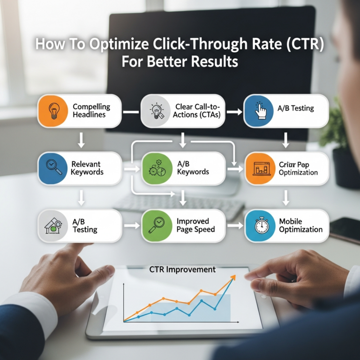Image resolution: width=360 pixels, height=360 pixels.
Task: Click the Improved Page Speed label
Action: [x=195, y=225]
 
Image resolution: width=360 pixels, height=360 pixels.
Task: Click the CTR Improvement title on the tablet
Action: [x=182, y=270]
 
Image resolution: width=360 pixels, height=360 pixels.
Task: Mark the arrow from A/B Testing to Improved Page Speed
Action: [x=132, y=225]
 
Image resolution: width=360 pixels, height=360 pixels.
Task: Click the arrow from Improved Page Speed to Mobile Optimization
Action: [x=235, y=225]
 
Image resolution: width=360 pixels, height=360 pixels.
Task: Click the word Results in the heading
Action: [x=217, y=62]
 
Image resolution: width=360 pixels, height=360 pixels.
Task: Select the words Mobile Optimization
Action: [x=300, y=225]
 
